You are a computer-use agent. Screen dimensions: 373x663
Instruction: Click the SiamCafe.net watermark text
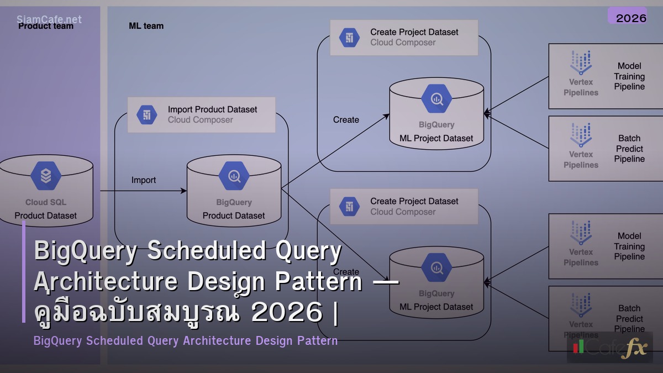(x=49, y=19)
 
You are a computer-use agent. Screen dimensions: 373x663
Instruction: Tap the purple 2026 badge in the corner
(x=630, y=18)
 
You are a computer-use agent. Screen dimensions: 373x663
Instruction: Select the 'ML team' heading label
(x=146, y=26)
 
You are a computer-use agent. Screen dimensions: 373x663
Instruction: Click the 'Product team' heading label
(x=46, y=27)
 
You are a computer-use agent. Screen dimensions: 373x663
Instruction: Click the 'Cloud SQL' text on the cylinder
(x=46, y=202)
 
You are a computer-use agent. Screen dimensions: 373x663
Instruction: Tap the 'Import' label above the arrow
(x=144, y=180)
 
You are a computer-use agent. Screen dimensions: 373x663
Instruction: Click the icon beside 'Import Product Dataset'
(x=147, y=115)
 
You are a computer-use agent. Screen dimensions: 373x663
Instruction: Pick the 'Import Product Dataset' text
(x=212, y=109)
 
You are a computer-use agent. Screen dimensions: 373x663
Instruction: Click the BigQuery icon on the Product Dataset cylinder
(x=234, y=176)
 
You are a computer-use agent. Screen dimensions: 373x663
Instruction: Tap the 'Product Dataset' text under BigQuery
(x=234, y=216)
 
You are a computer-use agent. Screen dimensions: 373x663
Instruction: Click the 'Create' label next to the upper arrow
(x=346, y=120)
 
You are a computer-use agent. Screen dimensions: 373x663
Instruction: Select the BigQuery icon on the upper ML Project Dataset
(x=436, y=99)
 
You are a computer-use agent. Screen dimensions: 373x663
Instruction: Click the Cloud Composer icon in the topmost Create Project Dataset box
(x=349, y=38)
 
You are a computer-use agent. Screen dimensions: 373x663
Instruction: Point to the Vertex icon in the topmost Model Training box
(x=581, y=63)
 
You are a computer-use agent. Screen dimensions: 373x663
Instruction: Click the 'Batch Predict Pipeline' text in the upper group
(x=629, y=149)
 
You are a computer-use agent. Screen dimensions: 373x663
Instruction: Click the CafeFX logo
(x=609, y=348)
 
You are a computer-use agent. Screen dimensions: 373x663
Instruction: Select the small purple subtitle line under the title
(x=186, y=341)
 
